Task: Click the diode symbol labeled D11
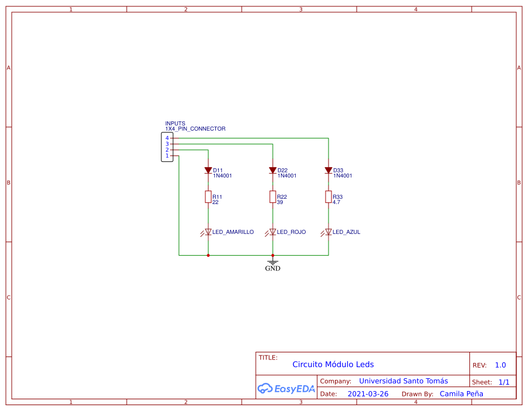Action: click(208, 171)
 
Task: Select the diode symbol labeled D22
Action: click(273, 171)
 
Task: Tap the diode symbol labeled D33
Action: click(329, 171)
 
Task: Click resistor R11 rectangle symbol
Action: click(208, 196)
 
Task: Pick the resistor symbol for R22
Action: click(273, 196)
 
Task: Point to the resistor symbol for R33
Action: click(329, 196)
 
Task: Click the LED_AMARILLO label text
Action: click(233, 232)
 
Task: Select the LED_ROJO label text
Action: click(291, 232)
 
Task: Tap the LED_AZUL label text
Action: click(346, 232)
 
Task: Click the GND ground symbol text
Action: click(273, 269)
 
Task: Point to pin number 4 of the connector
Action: click(167, 138)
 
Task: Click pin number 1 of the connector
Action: click(167, 155)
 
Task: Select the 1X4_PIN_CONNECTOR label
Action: click(195, 128)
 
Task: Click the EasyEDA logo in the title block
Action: click(286, 388)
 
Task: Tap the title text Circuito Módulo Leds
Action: click(333, 365)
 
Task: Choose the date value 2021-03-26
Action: click(368, 394)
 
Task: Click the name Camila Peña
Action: click(461, 394)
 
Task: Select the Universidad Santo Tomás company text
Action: click(403, 381)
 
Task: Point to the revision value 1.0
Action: click(500, 365)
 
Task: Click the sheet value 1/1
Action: click(503, 382)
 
